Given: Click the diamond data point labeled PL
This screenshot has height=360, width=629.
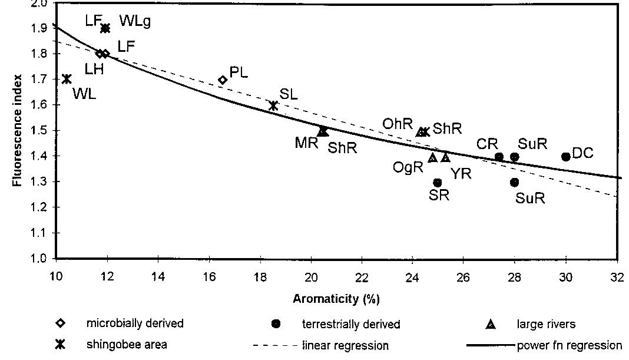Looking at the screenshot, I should click(x=223, y=80).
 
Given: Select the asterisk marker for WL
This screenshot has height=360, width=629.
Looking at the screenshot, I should click(x=67, y=79).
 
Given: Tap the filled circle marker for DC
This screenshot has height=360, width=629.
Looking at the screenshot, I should click(x=566, y=157).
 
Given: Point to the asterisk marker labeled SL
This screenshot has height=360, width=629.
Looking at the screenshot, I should click(x=273, y=105).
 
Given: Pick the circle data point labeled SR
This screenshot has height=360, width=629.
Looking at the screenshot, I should click(x=438, y=183).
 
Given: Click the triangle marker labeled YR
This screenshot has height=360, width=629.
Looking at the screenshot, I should click(x=445, y=157).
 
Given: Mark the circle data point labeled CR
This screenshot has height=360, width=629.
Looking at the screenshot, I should click(x=499, y=157).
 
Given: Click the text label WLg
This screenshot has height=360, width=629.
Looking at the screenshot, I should click(x=135, y=22).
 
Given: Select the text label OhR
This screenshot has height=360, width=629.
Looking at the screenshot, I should click(x=398, y=124).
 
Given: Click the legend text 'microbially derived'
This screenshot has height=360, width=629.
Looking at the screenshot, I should click(x=135, y=323).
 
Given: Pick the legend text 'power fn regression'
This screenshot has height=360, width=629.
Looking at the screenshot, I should click(x=569, y=345).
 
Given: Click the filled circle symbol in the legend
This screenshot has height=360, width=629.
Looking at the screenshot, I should click(x=276, y=324).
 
